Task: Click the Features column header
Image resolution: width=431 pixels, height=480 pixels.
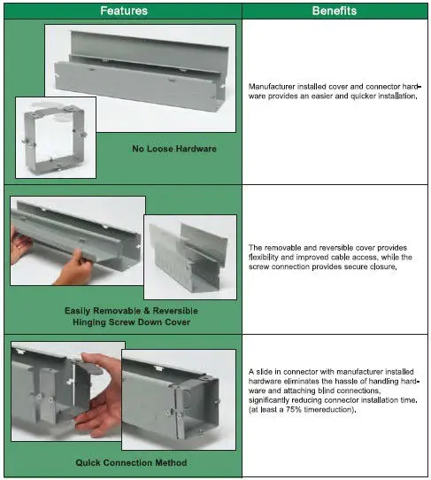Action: (123, 11)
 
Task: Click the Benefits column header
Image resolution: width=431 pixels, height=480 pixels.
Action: (334, 11)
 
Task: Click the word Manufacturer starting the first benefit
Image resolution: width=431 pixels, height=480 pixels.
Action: (275, 85)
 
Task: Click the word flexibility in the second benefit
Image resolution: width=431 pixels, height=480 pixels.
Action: (267, 257)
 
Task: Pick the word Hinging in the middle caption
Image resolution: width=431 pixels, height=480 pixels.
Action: (95, 322)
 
